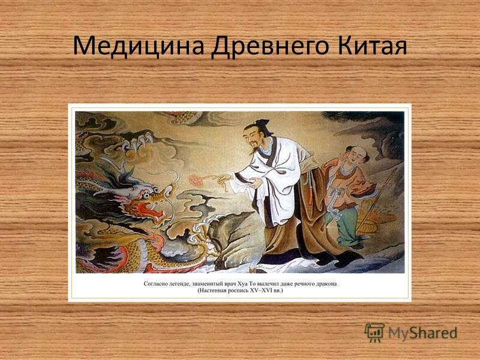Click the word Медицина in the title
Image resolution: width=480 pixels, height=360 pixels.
click(x=139, y=46)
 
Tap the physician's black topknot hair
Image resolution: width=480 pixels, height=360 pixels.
click(x=264, y=125)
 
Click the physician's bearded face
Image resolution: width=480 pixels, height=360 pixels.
click(x=253, y=137)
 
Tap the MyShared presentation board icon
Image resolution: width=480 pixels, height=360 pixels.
click(x=374, y=332)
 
